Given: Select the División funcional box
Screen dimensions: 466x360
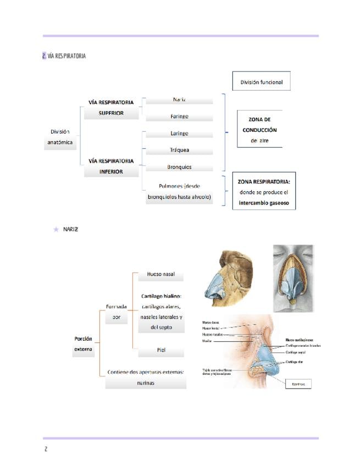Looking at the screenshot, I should (261, 82).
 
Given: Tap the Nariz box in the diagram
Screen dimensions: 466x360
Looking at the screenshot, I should (179, 99).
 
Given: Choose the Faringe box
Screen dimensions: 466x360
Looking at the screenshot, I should (179, 116).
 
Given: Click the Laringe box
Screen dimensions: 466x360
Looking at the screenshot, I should (179, 133).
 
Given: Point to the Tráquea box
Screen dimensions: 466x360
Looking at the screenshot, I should (179, 149).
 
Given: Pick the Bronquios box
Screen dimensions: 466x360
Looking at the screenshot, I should (179, 167).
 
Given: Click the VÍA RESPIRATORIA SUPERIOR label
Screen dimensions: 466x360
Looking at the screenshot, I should (110, 108).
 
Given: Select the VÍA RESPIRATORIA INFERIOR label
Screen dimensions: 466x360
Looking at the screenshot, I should (110, 166).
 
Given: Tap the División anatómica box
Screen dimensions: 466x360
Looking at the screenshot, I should (60, 137).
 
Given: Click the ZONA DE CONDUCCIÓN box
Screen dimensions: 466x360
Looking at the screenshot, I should (259, 130).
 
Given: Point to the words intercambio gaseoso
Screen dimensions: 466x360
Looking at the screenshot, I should (263, 203).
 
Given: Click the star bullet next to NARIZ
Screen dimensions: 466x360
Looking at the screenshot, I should (56, 229).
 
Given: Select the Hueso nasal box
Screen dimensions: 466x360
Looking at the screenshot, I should (160, 274).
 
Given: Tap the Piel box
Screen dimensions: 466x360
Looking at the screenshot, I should (160, 350).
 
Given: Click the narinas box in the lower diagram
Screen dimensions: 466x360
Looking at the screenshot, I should (146, 382).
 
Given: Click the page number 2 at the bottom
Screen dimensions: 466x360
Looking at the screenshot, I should (46, 449).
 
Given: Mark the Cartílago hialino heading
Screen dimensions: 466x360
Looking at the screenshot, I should (161, 296).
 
